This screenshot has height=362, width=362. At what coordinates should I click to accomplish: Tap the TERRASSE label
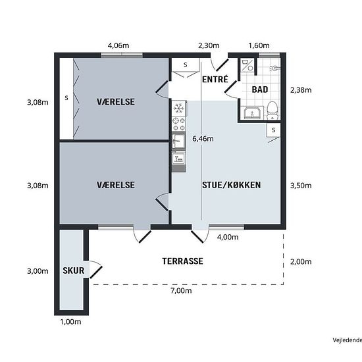pyautogui.click(x=182, y=261)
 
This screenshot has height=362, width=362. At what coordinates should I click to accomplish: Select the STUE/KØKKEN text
pyautogui.click(x=231, y=185)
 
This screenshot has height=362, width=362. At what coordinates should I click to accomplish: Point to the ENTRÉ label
pyautogui.click(x=215, y=79)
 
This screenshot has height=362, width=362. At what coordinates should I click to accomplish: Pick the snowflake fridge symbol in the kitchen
pyautogui.click(x=178, y=107)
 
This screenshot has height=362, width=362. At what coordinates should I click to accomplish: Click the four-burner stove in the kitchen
pyautogui.click(x=178, y=123)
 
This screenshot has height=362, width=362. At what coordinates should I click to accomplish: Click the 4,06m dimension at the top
pyautogui.click(x=118, y=46)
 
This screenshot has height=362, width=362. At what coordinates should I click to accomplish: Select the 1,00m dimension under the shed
pyautogui.click(x=70, y=322)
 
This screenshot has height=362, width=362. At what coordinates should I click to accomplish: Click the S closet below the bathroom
pyautogui.click(x=272, y=131)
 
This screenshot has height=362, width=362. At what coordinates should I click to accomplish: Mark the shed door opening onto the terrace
pyautogui.click(x=94, y=269)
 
